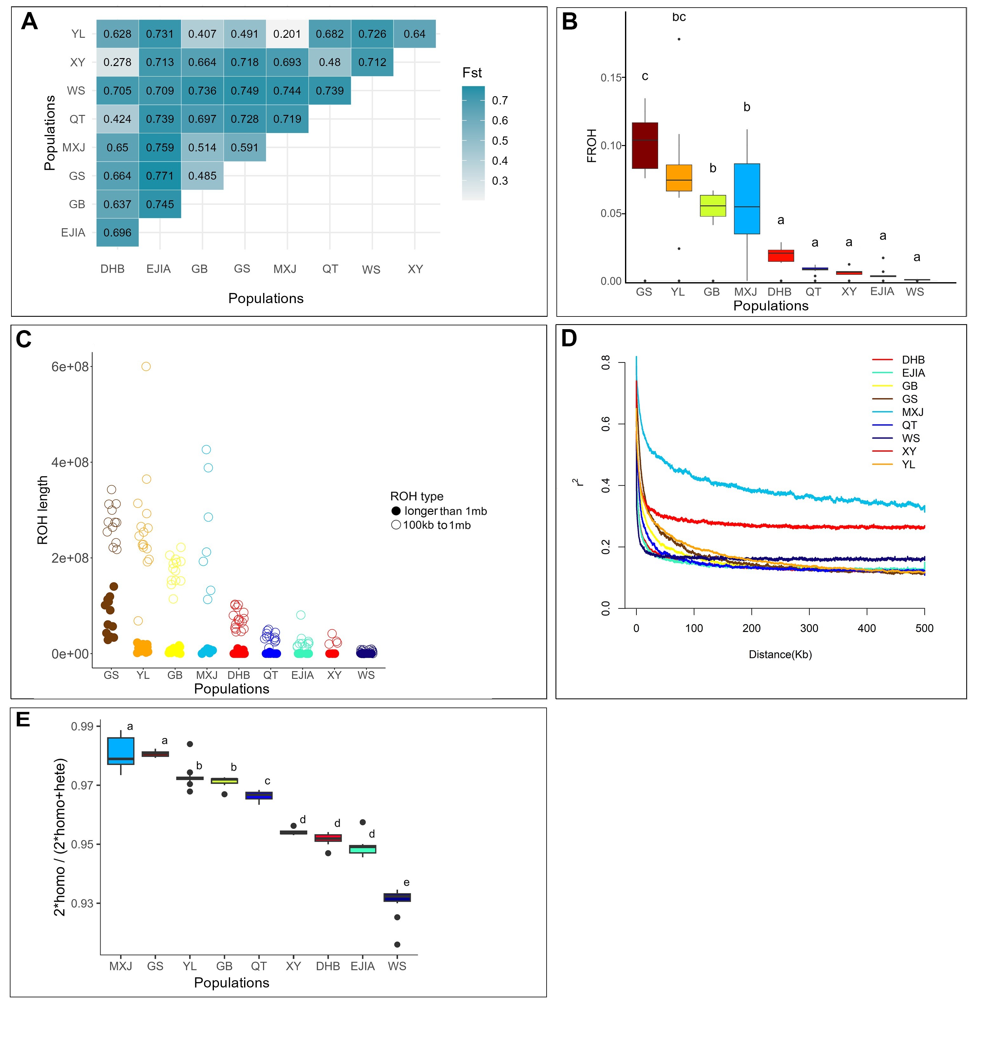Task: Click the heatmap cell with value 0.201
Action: (x=287, y=34)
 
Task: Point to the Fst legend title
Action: (x=472, y=73)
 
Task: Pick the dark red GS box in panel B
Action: (x=644, y=145)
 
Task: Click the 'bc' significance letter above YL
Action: (x=679, y=17)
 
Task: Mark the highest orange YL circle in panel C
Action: (x=146, y=366)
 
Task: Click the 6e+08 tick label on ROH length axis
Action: (x=70, y=367)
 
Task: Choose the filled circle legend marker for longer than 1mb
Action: (x=396, y=511)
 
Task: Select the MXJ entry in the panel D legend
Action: (x=912, y=412)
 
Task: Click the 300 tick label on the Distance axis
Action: (x=809, y=628)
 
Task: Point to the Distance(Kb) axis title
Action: (x=780, y=655)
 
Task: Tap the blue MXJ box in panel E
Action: (x=121, y=751)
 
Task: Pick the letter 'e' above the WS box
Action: (x=407, y=883)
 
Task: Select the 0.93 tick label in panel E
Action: (x=83, y=903)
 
